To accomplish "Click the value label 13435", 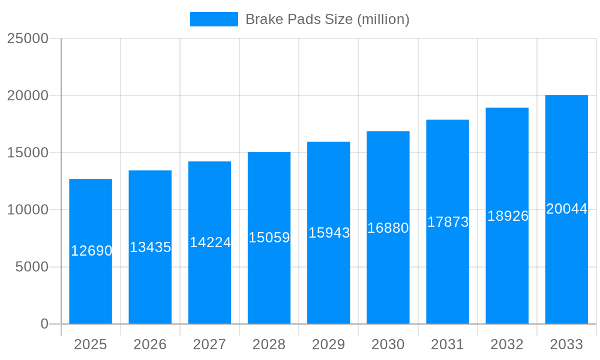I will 151,247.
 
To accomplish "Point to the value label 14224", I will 211,242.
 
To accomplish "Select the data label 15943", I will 329,233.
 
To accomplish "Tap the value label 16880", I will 388,228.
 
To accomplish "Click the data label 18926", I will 508,216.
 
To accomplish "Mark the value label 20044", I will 567,209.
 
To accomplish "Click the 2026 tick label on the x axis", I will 150,344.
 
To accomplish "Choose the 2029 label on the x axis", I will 329,344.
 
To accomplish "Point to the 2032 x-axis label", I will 507,344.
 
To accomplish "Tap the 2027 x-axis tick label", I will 209,344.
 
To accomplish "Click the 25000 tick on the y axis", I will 28,38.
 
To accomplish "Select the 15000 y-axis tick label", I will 28,152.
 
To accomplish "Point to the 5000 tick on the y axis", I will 32,267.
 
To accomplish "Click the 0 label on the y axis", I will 44,324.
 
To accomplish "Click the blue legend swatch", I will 214,19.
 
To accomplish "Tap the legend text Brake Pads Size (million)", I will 328,19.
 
